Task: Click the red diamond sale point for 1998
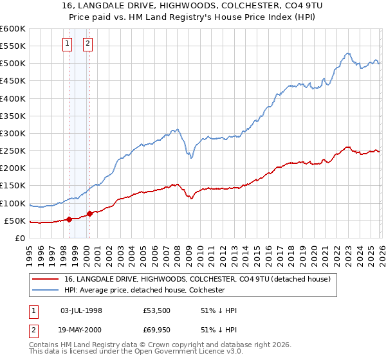[x=69, y=219]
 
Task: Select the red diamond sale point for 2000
[x=89, y=213]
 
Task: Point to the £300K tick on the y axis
[x=13, y=133]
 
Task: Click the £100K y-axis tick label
[x=13, y=203]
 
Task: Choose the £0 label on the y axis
[x=19, y=238]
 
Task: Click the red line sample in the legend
[x=45, y=280]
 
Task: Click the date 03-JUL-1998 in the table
[x=81, y=310]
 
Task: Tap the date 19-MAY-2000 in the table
[x=81, y=330]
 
